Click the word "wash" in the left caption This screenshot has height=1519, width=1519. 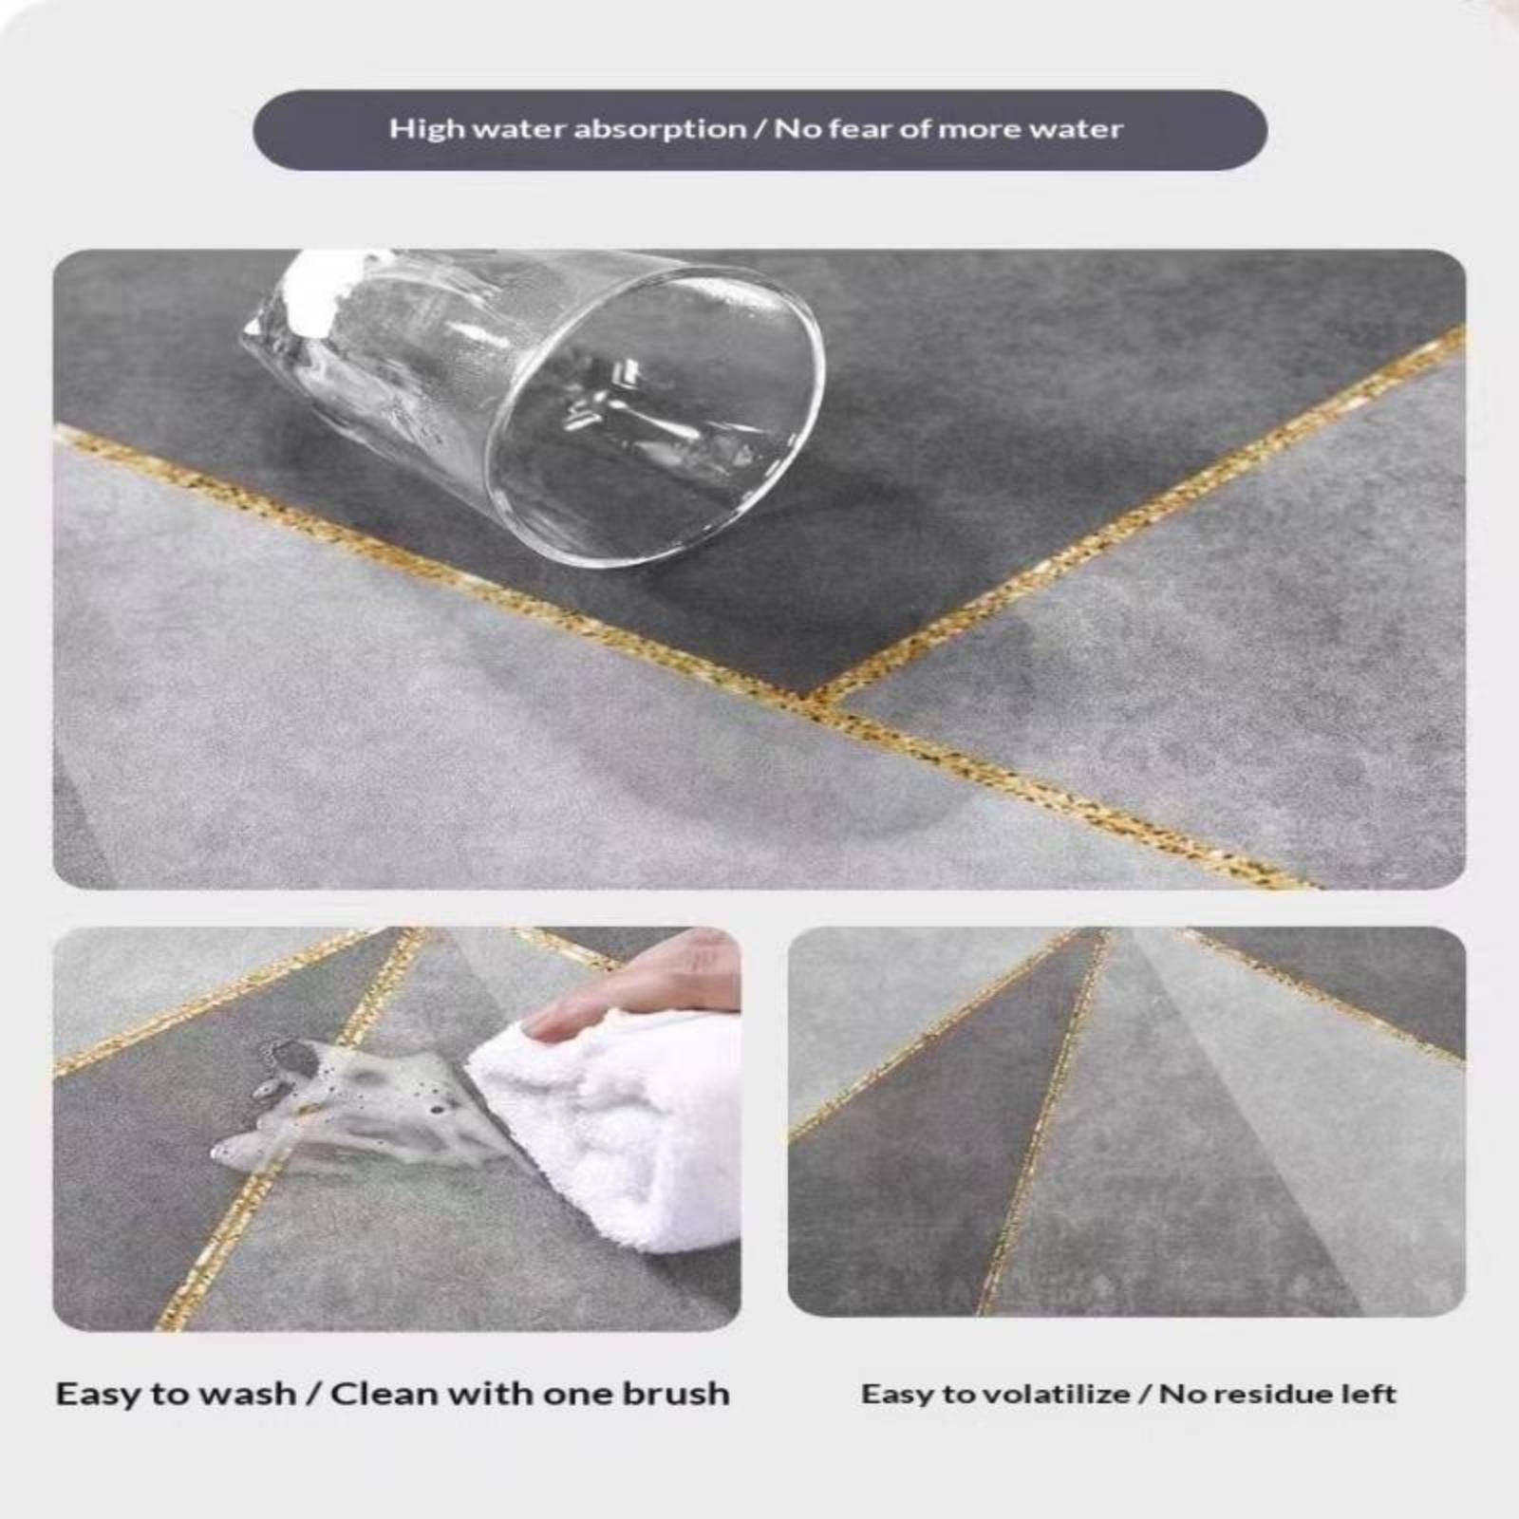(249, 1394)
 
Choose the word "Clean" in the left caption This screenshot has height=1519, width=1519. (384, 1394)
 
